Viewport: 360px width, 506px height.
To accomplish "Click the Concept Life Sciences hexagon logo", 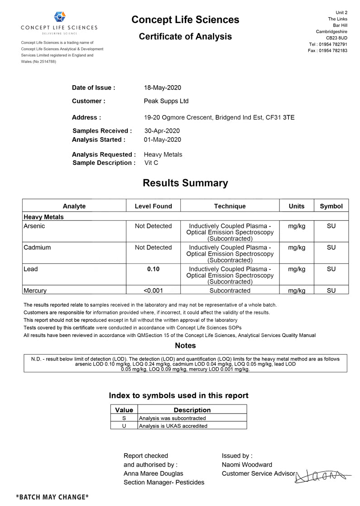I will [59, 17].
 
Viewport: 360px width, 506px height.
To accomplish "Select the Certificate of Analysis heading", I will [185, 36].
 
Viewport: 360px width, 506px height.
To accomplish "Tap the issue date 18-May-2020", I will [163, 87].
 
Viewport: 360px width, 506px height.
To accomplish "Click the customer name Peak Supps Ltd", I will [166, 101].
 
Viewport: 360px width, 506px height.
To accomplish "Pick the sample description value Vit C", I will [151, 163].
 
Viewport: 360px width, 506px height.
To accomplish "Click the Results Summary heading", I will [185, 183].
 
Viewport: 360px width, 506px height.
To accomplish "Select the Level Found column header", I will [153, 206].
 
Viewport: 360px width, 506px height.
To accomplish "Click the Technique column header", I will [230, 206].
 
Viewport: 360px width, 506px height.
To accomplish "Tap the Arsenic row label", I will [34, 226].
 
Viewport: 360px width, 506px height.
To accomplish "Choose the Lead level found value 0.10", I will [153, 269].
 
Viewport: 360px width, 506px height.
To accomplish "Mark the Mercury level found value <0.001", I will [153, 290].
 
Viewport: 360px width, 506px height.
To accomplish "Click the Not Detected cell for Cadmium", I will [153, 247].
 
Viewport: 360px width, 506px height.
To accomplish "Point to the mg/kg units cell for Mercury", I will [297, 290].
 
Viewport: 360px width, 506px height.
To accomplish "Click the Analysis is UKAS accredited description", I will [173, 426].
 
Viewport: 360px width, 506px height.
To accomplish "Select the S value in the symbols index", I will [124, 418].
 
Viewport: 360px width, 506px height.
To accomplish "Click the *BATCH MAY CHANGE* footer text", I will [52, 497].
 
